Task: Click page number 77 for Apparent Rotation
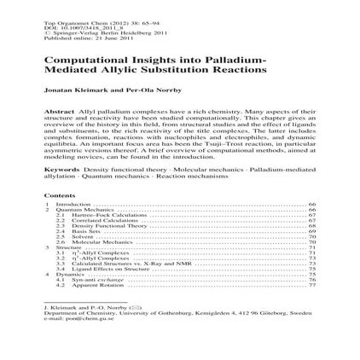(x=313, y=284)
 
